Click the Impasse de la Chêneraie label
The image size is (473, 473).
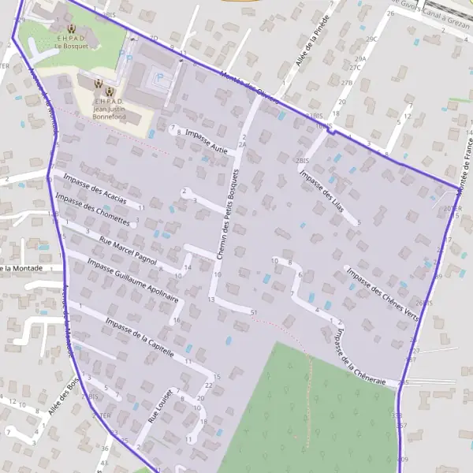point(359,356)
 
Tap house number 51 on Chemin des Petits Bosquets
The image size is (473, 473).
point(254,313)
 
